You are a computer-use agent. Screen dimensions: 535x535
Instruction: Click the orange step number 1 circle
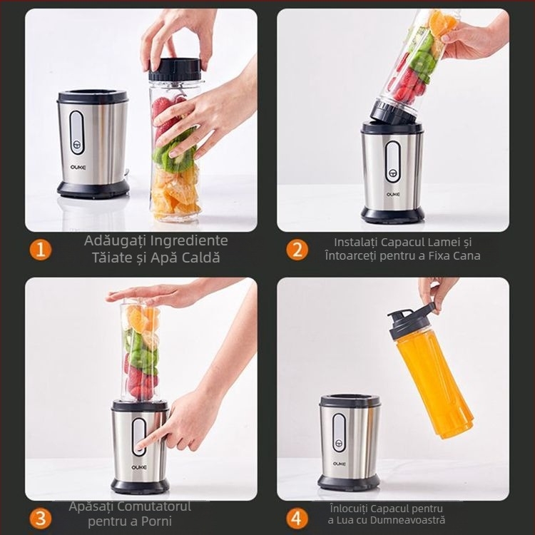tap(41, 250)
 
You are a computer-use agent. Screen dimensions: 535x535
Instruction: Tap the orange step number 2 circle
tap(297, 250)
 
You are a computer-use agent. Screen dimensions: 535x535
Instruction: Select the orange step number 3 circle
tap(41, 518)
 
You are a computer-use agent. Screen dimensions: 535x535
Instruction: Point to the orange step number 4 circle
tap(297, 518)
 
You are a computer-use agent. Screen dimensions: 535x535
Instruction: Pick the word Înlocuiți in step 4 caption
tap(352, 509)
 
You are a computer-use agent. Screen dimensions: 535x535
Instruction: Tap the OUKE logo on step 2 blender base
tap(393, 193)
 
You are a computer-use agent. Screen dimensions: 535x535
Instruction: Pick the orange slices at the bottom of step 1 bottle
tap(175, 193)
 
